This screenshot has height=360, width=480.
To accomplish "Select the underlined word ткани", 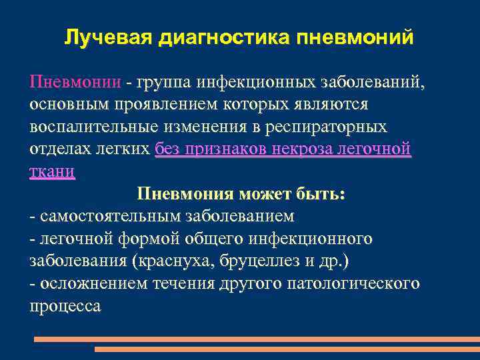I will (x=52, y=171).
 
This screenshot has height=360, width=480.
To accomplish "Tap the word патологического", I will (x=353, y=283).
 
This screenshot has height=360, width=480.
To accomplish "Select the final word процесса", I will (x=65, y=306).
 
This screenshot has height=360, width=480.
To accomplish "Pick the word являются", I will (x=331, y=105).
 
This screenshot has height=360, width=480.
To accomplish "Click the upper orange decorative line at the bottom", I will (x=257, y=339).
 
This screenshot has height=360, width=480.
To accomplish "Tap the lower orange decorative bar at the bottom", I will (x=287, y=349).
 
